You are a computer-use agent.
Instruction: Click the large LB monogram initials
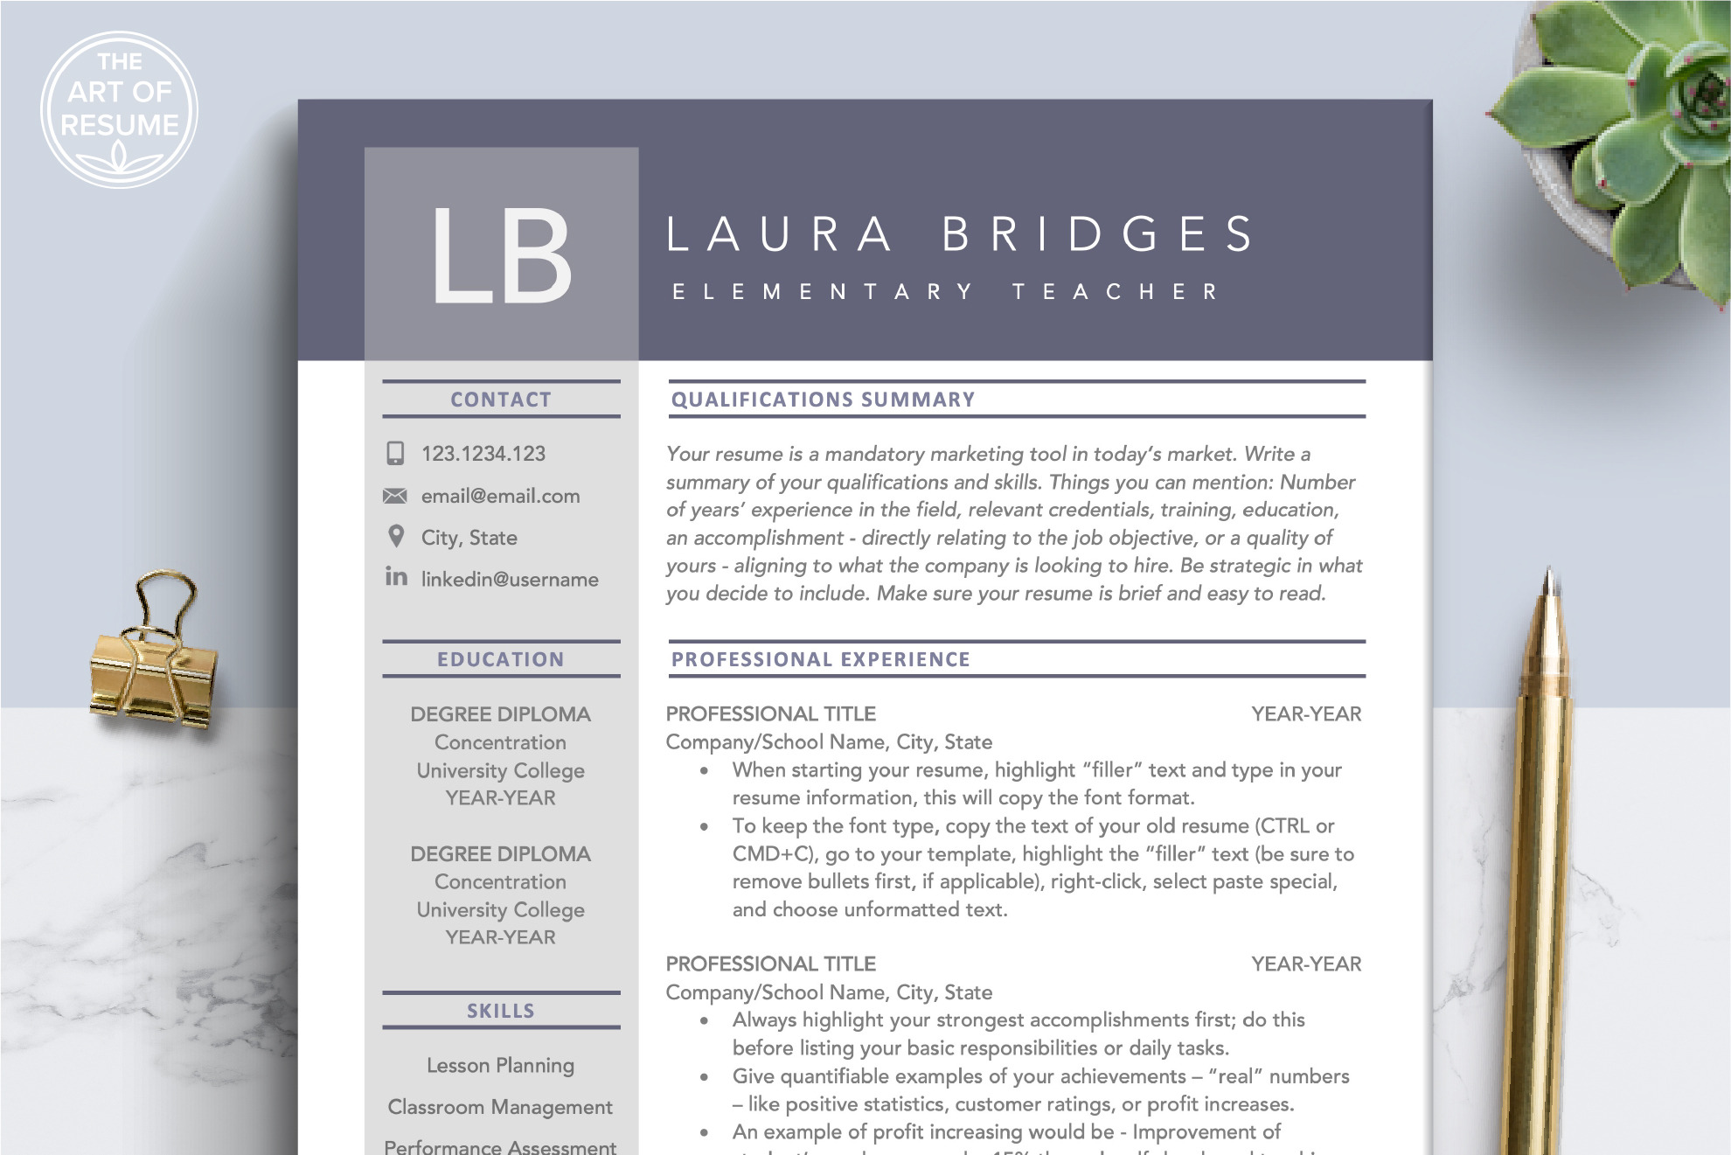[x=501, y=256]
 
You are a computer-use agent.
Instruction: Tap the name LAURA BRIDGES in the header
[x=960, y=234]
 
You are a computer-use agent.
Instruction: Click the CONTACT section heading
[x=501, y=400]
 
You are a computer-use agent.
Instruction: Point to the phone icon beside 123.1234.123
[x=395, y=453]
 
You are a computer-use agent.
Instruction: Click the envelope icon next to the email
[x=395, y=496]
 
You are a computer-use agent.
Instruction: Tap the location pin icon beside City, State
[x=396, y=536]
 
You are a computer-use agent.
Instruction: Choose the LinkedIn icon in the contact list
[x=396, y=576]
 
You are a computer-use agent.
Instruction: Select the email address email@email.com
[x=500, y=496]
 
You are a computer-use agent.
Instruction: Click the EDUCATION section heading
[x=501, y=659]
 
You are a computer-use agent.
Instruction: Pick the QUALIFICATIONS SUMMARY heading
[x=823, y=400]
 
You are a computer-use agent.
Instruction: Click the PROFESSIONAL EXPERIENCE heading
[x=820, y=659]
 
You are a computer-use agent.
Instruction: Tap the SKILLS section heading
[x=501, y=1011]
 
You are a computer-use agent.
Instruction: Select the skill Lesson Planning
[x=501, y=1065]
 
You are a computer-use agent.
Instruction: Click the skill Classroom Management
[x=500, y=1107]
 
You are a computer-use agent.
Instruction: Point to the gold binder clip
[x=153, y=664]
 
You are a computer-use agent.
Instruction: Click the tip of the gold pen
[x=1547, y=574]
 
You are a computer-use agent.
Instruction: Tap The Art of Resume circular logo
[x=120, y=109]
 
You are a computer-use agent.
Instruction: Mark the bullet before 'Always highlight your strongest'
[x=705, y=1020]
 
